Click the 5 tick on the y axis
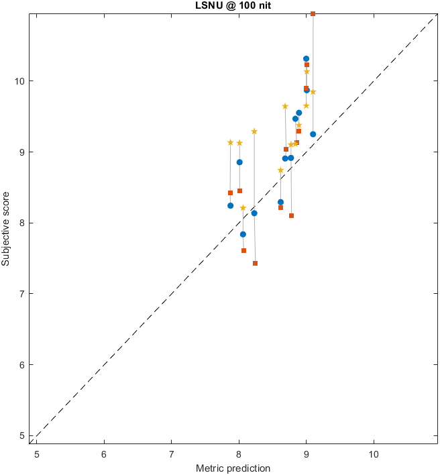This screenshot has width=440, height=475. (x=23, y=435)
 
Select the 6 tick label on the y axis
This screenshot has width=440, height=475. (x=23, y=365)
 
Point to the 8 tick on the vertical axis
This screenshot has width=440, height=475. (x=23, y=223)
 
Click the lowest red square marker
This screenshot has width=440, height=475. (x=255, y=263)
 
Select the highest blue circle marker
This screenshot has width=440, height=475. (x=306, y=59)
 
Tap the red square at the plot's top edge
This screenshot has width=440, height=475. (x=313, y=13)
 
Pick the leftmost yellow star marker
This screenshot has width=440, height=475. (x=230, y=142)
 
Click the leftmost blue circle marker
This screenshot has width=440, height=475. (x=230, y=205)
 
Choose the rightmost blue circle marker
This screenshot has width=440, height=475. (x=313, y=134)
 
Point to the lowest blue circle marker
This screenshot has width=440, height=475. (x=243, y=234)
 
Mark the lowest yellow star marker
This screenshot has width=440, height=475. (x=243, y=208)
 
